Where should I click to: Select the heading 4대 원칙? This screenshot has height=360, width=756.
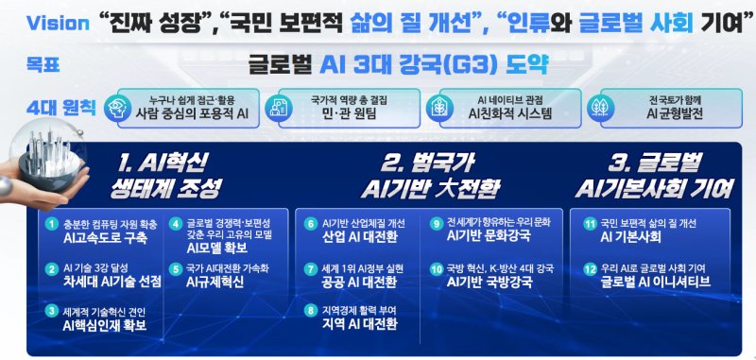point(53,110)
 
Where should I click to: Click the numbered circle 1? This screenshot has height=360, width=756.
point(52,224)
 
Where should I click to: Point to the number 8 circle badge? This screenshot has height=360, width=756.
point(310,310)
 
